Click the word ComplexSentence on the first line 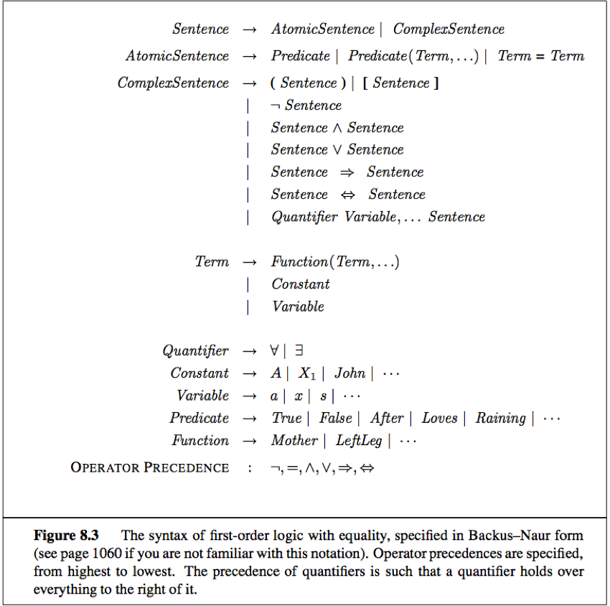click(x=449, y=29)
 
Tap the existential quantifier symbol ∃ click(x=299, y=351)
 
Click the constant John click(x=349, y=373)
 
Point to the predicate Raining click(x=500, y=418)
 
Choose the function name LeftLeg click(x=359, y=440)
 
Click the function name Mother click(x=294, y=440)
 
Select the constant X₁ click(x=307, y=373)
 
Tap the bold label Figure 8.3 click(x=67, y=536)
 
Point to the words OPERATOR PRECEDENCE click(x=150, y=467)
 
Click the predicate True click(x=286, y=418)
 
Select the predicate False click(x=336, y=418)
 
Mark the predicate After click(x=387, y=418)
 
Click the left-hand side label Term click(x=212, y=262)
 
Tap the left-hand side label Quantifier click(x=195, y=351)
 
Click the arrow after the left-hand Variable click(x=249, y=396)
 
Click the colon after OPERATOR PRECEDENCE click(x=250, y=468)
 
